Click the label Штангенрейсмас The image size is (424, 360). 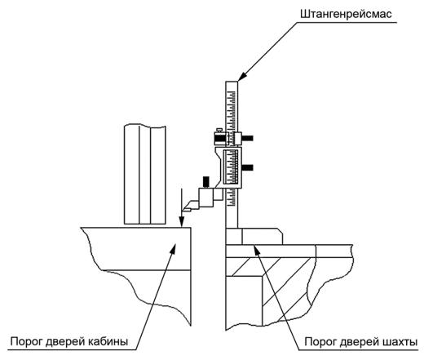[x=346, y=14]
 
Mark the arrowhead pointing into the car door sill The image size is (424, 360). [x=173, y=247]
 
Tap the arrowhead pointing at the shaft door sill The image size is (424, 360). [x=256, y=248]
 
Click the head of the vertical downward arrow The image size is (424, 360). [x=182, y=222]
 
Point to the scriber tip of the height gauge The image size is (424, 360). [x=184, y=210]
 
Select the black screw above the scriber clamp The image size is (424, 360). [x=206, y=182]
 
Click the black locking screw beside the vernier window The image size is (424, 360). [x=247, y=167]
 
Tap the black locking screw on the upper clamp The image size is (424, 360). [x=247, y=138]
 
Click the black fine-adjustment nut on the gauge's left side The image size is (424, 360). [x=219, y=139]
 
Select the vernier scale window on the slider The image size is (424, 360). [x=231, y=166]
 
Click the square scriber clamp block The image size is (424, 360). [x=206, y=198]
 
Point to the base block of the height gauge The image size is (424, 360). [x=254, y=236]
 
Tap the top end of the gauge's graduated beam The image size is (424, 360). [x=232, y=82]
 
